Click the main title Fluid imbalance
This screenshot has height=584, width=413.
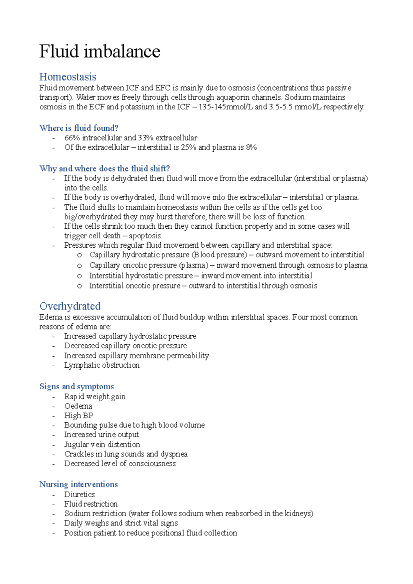(99, 52)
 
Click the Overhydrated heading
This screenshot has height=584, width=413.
(70, 306)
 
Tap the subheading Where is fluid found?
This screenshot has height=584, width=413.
(79, 128)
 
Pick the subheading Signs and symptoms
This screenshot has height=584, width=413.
(76, 386)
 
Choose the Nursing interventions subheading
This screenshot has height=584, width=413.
(78, 484)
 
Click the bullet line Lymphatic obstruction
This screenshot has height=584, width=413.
(102, 365)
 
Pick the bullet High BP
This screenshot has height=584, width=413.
(78, 415)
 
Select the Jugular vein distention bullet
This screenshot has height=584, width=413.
(102, 444)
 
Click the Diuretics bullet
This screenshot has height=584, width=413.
(80, 494)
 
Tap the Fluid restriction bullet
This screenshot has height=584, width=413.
(91, 504)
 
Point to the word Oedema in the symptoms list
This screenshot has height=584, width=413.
(78, 406)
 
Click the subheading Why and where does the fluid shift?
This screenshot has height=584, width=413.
(105, 169)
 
